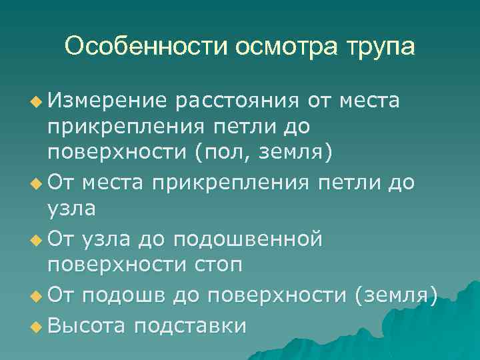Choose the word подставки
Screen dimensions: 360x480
[x=189, y=325]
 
